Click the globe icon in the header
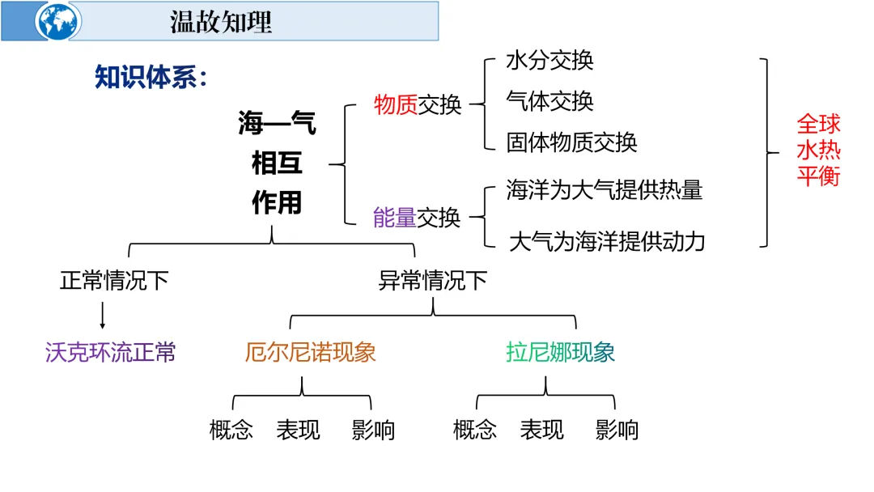(58, 21)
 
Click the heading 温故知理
(220, 22)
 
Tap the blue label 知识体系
(151, 78)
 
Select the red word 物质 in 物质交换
(396, 104)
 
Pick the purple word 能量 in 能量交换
(395, 217)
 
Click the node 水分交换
(549, 60)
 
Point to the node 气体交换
(549, 101)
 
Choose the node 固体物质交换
(571, 142)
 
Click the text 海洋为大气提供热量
(604, 190)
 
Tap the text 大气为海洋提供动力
(607, 241)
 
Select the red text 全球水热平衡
(818, 150)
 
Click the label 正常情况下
(114, 281)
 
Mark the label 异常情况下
(433, 281)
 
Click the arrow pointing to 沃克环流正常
(103, 316)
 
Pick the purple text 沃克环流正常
(110, 352)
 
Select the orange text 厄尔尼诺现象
(311, 352)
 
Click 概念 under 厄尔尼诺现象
(231, 430)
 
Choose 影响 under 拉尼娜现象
(617, 430)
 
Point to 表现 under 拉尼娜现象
(541, 430)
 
